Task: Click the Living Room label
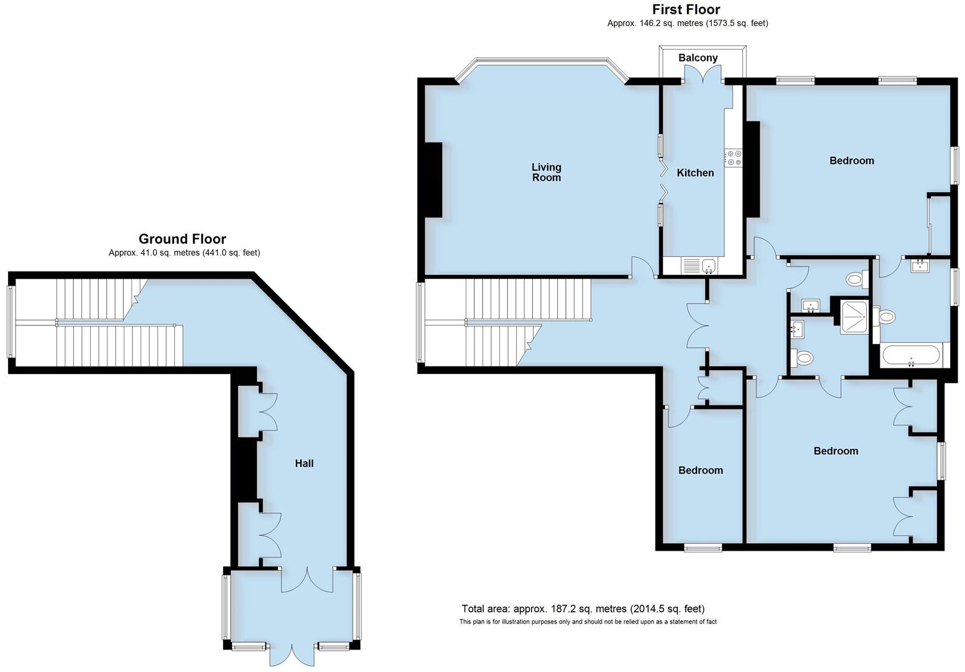tap(546, 172)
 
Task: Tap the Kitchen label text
tap(695, 173)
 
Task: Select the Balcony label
tap(698, 58)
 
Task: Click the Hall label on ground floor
tap(304, 464)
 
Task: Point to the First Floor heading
tap(686, 9)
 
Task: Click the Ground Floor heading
tap(182, 239)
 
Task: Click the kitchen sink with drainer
tap(700, 266)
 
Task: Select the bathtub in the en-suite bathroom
tap(912, 356)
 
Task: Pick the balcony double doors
tap(703, 77)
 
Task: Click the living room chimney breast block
tap(433, 180)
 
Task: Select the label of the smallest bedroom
tap(700, 470)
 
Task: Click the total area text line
tap(583, 609)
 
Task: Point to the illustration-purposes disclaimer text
tap(588, 622)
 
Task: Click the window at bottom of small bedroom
tap(703, 548)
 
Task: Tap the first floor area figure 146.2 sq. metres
tap(688, 24)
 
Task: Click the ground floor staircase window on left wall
tap(10, 321)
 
